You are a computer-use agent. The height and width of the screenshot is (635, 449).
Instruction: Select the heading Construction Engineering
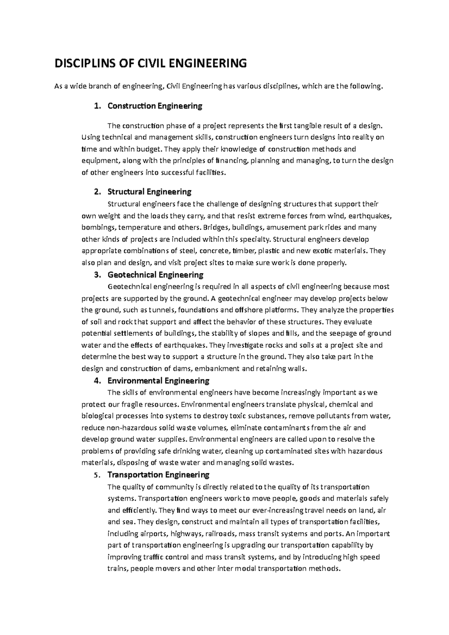[x=155, y=106]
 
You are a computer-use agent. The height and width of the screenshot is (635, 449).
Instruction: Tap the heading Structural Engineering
[x=149, y=192]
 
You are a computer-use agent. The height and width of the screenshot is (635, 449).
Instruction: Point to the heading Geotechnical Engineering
[x=155, y=275]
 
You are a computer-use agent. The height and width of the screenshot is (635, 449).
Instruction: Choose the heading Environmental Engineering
[x=158, y=381]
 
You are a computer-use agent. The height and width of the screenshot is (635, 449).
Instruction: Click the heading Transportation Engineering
[x=158, y=475]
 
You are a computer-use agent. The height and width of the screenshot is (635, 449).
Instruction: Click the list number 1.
[x=97, y=106]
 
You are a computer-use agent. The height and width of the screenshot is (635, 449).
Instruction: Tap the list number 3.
[x=97, y=275]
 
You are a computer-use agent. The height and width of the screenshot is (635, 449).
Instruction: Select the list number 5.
[x=97, y=475]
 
